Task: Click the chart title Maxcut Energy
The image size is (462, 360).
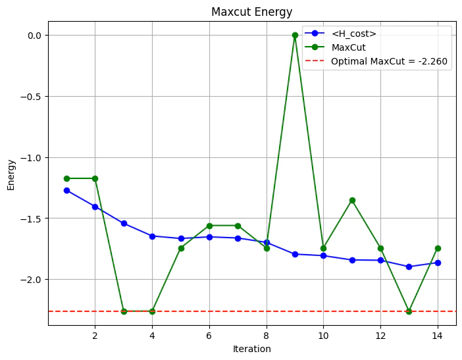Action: click(251, 12)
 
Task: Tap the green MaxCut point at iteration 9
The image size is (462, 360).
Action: click(295, 35)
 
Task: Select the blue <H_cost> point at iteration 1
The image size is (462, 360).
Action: click(66, 190)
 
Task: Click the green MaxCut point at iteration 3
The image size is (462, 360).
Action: click(124, 311)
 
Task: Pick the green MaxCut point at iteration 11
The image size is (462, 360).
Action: click(352, 200)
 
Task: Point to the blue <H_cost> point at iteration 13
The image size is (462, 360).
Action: click(409, 267)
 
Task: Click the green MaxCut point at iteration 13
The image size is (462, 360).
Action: click(409, 311)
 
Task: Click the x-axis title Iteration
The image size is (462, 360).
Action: click(251, 349)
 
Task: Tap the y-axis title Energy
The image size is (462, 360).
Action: click(11, 174)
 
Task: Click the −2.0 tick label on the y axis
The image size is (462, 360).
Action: click(30, 279)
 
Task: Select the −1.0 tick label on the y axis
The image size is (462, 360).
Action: click(30, 157)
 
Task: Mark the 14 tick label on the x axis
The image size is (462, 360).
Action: click(438, 335)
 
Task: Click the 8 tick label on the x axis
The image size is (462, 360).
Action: click(267, 335)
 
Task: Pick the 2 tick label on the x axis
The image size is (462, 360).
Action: click(95, 335)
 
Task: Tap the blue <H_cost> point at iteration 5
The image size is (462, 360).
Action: click(181, 238)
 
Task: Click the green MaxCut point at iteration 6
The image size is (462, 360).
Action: click(209, 226)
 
